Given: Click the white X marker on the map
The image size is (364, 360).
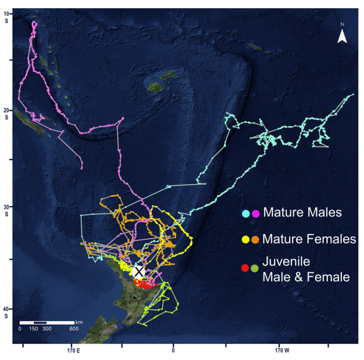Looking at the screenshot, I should pos(139,271).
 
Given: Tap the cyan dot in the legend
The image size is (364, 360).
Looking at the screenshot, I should pos(246,214).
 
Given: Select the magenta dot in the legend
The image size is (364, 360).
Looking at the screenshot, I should pos(256,214).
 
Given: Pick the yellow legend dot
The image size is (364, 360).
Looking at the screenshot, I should pos(246,239).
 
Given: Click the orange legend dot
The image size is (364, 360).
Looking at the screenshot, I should pos(256,239).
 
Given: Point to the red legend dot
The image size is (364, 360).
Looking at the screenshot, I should pos(246,268).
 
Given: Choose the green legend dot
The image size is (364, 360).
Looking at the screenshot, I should pos(256,268).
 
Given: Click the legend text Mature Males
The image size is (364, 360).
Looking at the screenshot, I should pos(301,213).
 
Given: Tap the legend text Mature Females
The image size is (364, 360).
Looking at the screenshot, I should pos(308,238).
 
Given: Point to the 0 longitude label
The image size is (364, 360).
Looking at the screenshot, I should pos(173,351).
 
